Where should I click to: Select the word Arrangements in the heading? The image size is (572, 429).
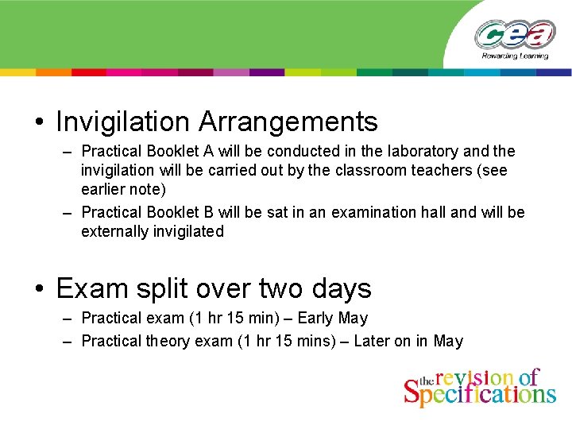[x=288, y=122]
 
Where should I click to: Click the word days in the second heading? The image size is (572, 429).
[x=338, y=288]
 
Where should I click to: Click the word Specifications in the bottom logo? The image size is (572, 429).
[x=480, y=393]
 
